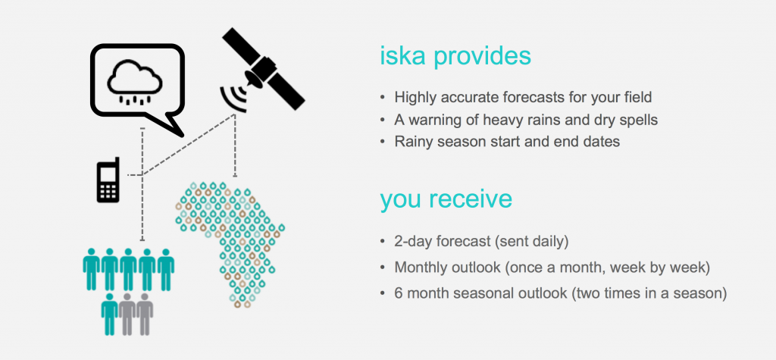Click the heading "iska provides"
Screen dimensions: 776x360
point(455,57)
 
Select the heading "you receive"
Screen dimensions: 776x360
point(446,199)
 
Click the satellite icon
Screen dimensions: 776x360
point(263,68)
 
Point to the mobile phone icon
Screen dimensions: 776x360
point(108,180)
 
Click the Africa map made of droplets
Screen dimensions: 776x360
point(230,243)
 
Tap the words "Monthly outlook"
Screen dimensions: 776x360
point(447,268)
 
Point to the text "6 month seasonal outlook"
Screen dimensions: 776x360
point(480,293)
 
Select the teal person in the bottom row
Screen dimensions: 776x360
point(109,314)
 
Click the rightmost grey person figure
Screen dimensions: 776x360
point(145,314)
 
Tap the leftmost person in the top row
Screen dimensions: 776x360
point(92,269)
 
